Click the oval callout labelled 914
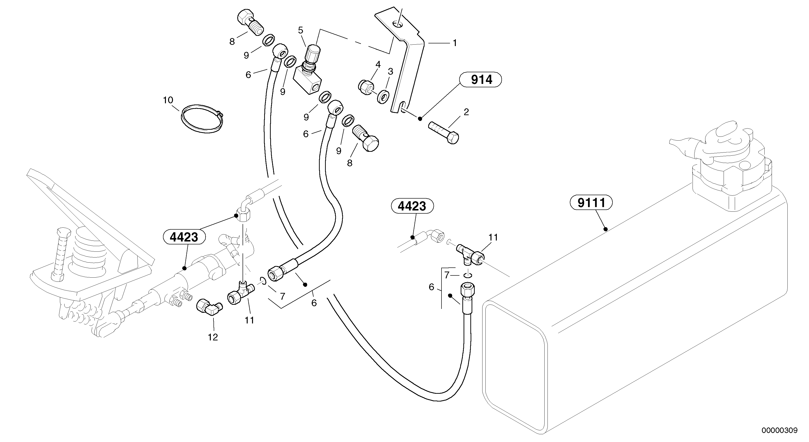[x=481, y=80]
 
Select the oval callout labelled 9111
[x=591, y=203]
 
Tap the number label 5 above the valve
[x=301, y=31]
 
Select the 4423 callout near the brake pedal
[x=184, y=237]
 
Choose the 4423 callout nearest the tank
[x=412, y=206]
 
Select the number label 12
[x=212, y=338]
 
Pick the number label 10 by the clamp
[x=168, y=100]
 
